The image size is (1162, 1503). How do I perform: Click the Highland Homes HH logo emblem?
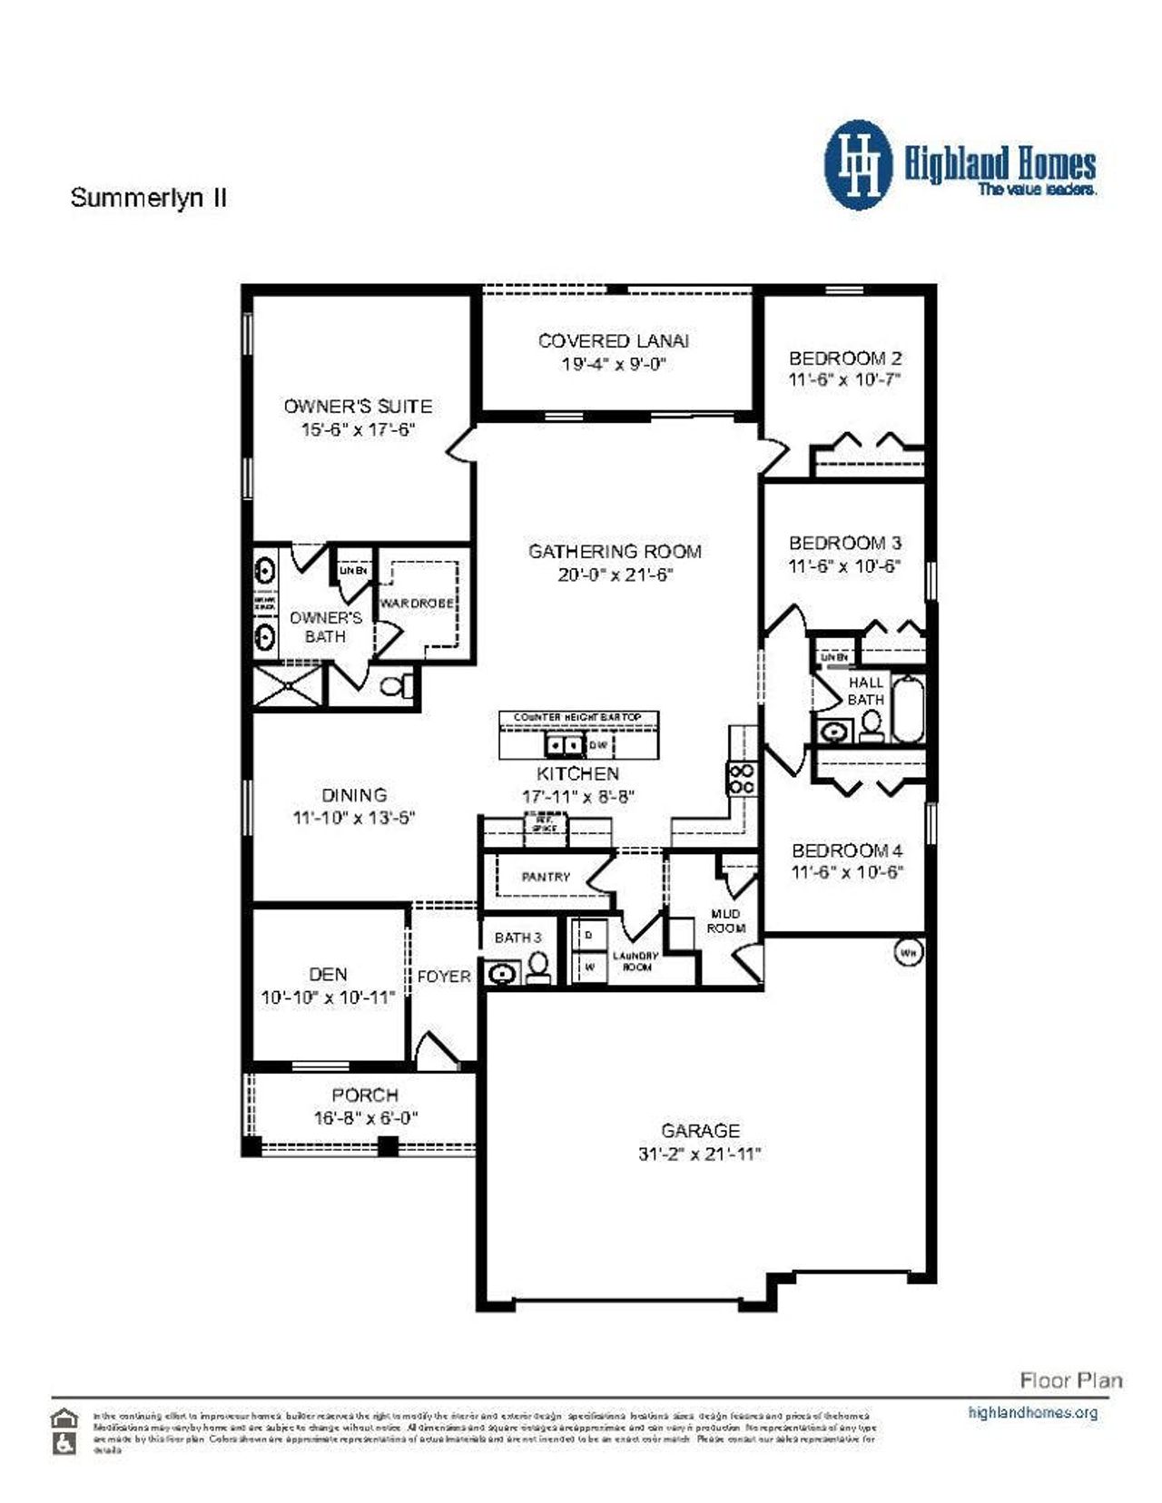tap(857, 165)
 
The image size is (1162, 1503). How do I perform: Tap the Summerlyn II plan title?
tap(149, 198)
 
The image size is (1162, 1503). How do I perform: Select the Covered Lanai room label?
tap(613, 340)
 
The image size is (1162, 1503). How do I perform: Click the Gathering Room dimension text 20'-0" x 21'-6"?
tap(615, 575)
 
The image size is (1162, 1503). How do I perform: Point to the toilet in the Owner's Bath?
tap(397, 685)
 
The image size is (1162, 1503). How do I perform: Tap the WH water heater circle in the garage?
tap(909, 953)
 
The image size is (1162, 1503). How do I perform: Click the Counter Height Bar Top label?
tap(577, 717)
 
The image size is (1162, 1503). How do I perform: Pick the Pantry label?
tap(546, 877)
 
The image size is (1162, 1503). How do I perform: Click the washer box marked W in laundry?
tap(589, 967)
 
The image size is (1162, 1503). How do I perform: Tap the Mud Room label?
tap(726, 920)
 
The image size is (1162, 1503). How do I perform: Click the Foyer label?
tap(444, 977)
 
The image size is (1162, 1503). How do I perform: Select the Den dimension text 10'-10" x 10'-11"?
tap(328, 997)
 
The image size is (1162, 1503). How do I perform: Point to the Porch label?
tap(365, 1095)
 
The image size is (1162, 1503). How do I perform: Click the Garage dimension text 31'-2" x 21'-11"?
tap(699, 1154)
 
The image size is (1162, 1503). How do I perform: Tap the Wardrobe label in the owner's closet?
tap(417, 604)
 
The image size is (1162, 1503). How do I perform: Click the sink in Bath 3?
tap(501, 975)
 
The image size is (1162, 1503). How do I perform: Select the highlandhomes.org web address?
tap(1033, 1412)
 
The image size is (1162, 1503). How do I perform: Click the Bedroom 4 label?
tap(847, 850)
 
